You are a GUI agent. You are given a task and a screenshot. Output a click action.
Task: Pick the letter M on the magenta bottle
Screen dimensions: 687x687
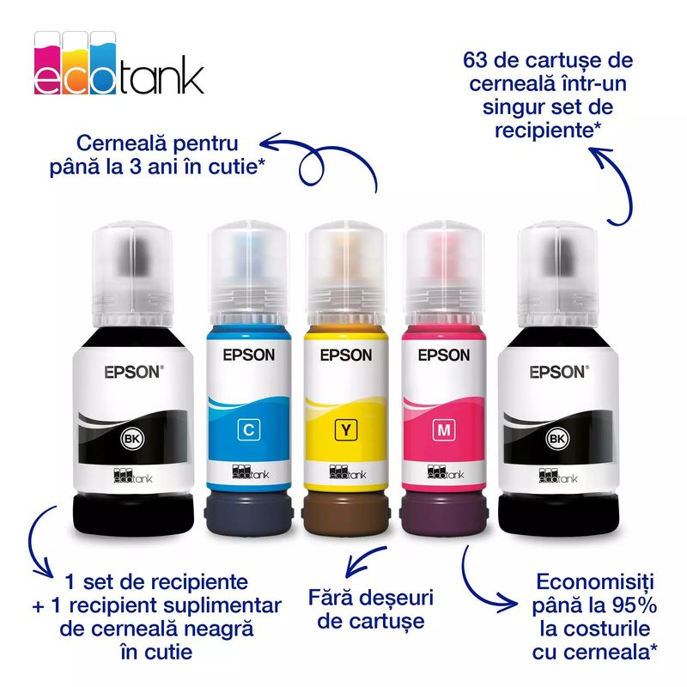click(x=445, y=427)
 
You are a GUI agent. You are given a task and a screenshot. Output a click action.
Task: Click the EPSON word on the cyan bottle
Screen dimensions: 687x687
click(x=249, y=355)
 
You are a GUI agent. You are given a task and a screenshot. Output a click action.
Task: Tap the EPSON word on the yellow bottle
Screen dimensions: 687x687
click(x=347, y=355)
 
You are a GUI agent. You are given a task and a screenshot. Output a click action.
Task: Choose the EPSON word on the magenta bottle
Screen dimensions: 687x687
click(x=444, y=355)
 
